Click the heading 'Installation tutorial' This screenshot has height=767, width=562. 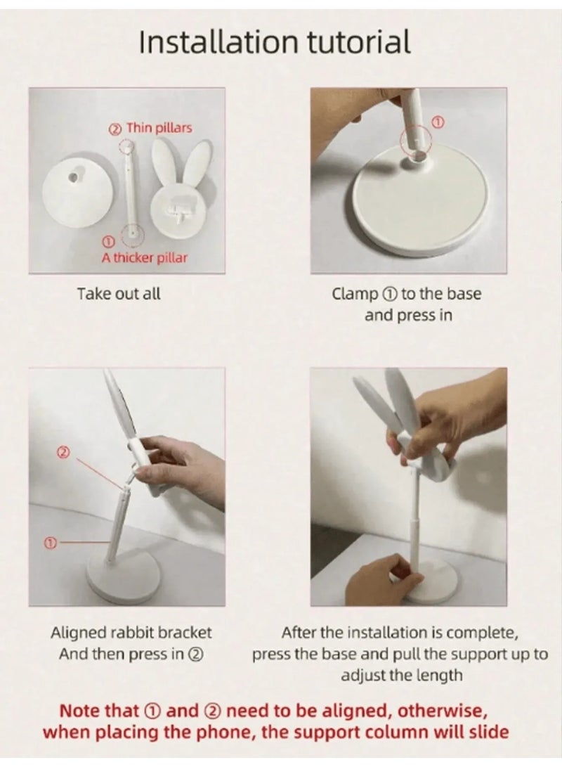274,41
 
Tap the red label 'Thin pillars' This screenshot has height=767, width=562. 159,128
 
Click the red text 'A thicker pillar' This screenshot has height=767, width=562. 144,258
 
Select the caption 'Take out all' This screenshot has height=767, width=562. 119,293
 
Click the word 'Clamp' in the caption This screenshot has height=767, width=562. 355,294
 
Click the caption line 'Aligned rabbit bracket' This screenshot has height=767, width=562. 131,633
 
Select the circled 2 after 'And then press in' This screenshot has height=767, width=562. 195,654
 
